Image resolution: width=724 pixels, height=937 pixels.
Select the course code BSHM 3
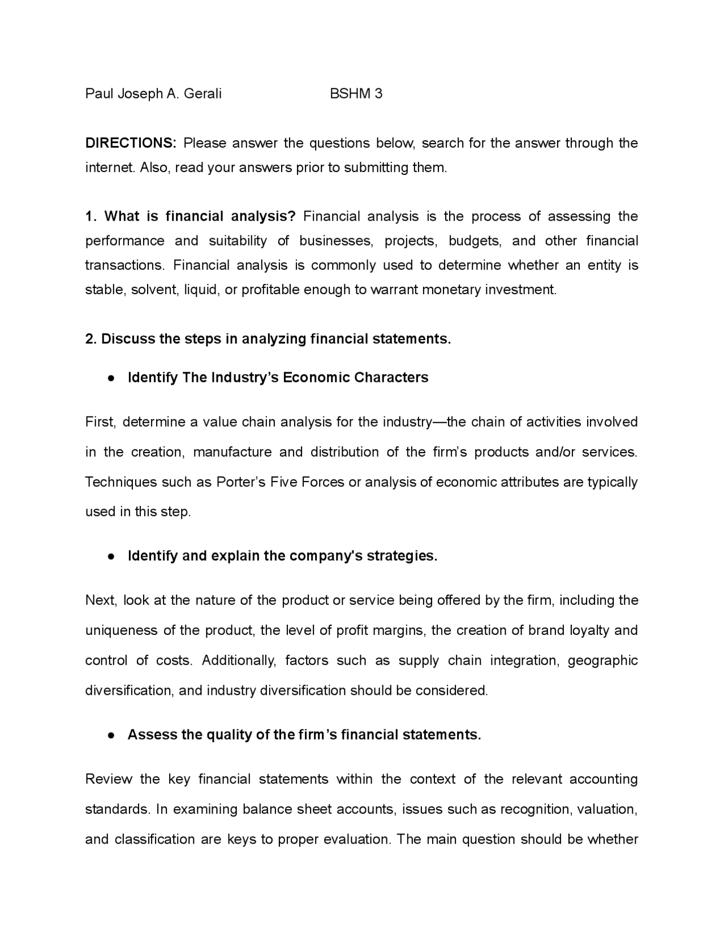(x=356, y=93)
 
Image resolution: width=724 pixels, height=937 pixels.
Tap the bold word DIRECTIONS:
(x=131, y=143)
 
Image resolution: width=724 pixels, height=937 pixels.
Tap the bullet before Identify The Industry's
(x=112, y=378)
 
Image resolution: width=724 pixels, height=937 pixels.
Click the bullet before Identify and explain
(x=112, y=556)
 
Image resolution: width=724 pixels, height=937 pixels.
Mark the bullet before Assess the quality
(x=112, y=735)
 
